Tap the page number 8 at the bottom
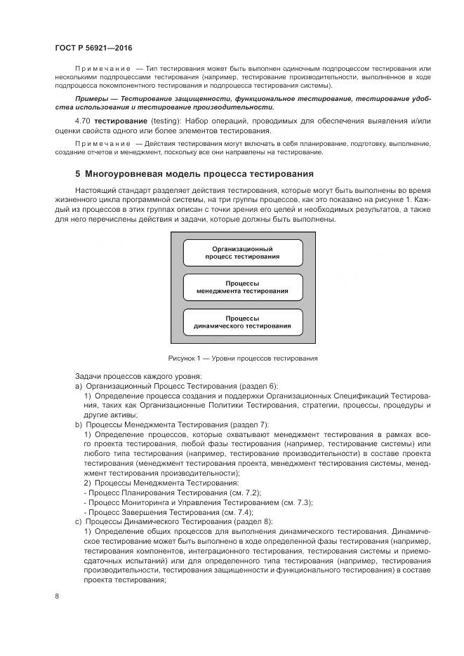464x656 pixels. click(x=58, y=596)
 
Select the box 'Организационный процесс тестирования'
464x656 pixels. click(x=242, y=253)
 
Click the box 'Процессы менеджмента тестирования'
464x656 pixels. click(x=242, y=287)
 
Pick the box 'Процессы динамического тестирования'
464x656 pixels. click(x=242, y=322)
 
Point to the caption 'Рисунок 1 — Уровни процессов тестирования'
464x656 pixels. click(x=242, y=359)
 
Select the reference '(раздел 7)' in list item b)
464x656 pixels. click(x=248, y=424)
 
